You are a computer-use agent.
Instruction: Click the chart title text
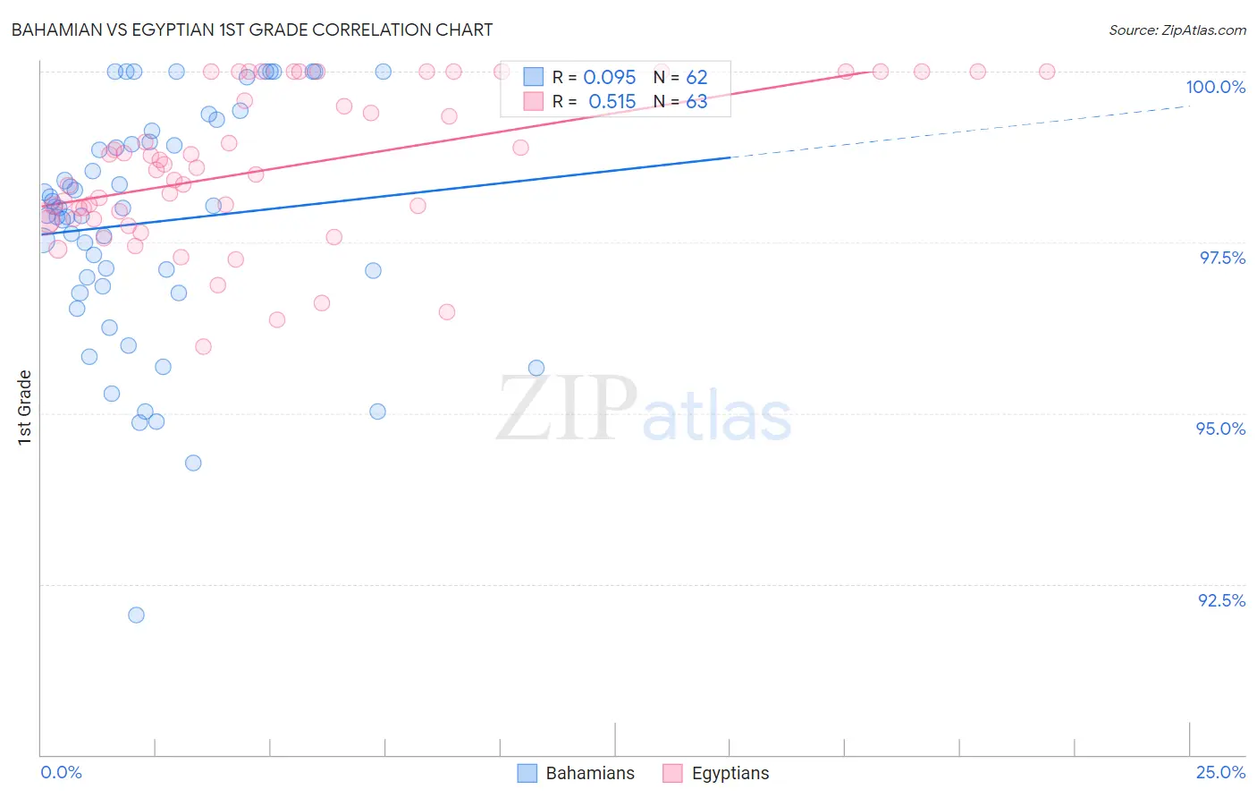click(251, 30)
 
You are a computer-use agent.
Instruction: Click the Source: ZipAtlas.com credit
click(1177, 30)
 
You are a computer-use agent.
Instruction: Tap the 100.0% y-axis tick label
click(1215, 87)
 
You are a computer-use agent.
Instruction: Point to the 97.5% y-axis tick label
click(1221, 258)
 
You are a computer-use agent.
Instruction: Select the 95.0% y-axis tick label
click(1220, 429)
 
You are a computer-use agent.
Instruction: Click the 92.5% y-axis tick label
click(1221, 600)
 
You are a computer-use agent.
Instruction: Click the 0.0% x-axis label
click(61, 772)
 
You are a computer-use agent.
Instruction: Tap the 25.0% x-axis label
click(1220, 772)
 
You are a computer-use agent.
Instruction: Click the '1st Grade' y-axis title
click(25, 407)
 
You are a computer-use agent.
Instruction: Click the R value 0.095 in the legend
click(609, 78)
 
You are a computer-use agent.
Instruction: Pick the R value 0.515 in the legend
click(612, 102)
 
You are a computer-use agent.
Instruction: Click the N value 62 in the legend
click(696, 78)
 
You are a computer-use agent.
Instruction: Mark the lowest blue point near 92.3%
click(136, 615)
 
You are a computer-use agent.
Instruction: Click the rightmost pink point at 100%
click(1047, 72)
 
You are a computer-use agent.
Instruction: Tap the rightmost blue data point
click(536, 368)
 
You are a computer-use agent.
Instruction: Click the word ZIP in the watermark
click(567, 410)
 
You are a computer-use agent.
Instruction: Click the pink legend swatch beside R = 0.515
click(534, 101)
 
